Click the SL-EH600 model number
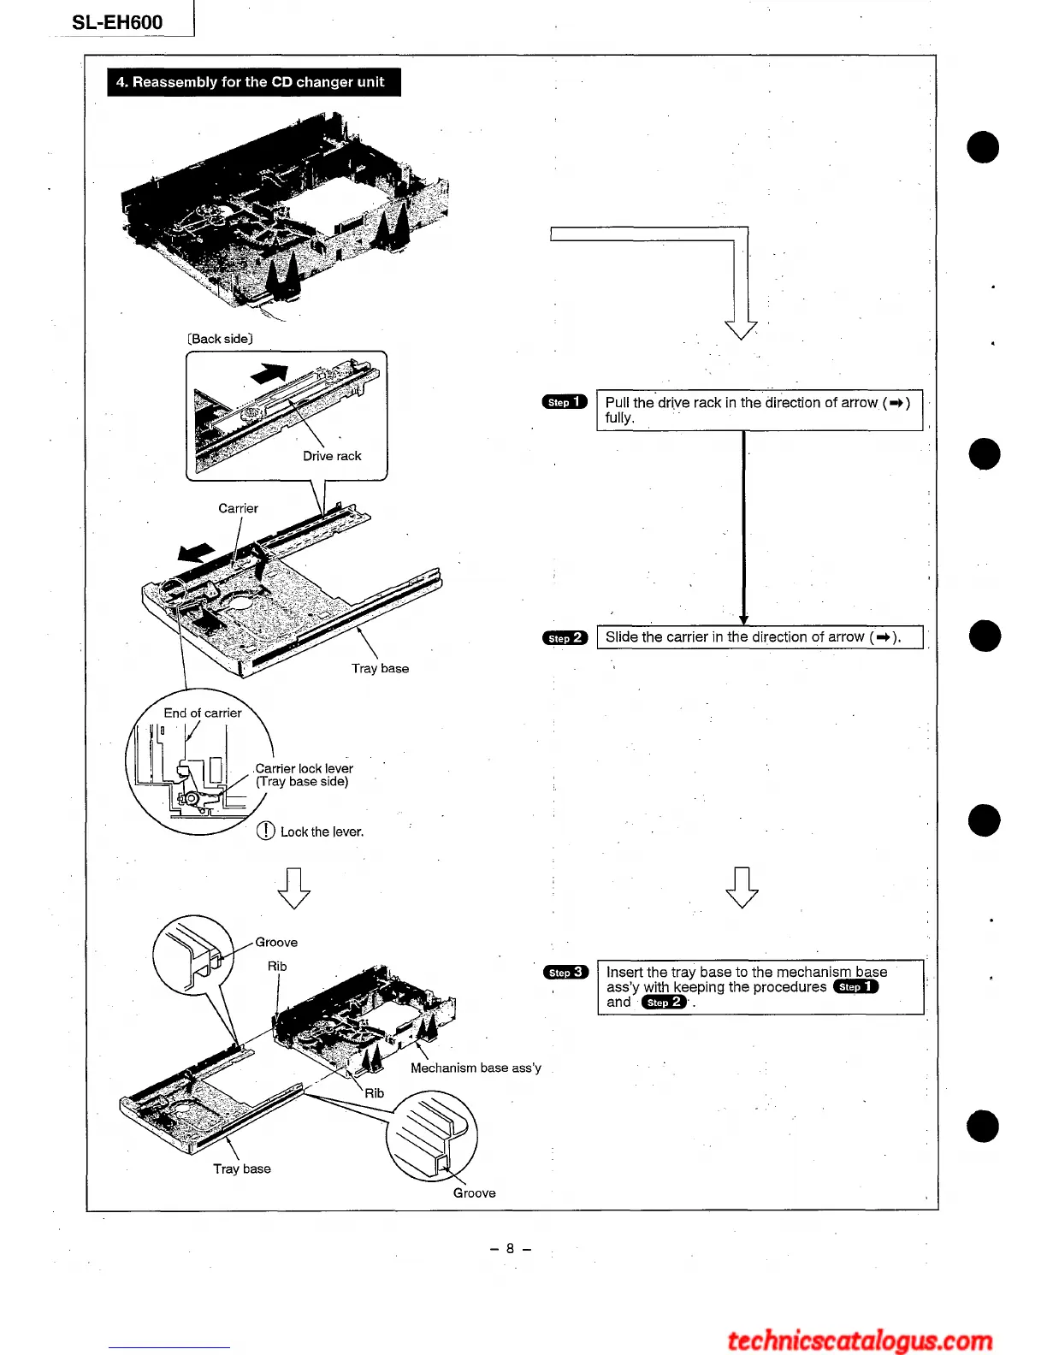coord(117,22)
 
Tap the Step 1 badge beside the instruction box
coord(565,402)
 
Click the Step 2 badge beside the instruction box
coord(565,637)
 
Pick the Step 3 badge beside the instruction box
coord(565,972)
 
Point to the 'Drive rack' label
coord(332,456)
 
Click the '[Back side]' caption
coord(220,339)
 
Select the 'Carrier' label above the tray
coord(238,508)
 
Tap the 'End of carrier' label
coord(203,713)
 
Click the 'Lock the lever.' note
coord(321,831)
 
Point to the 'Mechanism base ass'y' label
coord(476,1068)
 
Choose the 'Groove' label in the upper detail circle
coord(276,942)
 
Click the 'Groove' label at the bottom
coord(474,1192)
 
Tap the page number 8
coord(511,1248)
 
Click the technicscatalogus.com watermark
coord(860,1340)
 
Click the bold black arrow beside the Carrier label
coord(196,553)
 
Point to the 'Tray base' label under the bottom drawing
coord(242,1169)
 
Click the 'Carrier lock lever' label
coord(304,768)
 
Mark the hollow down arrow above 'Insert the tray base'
coord(742,887)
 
